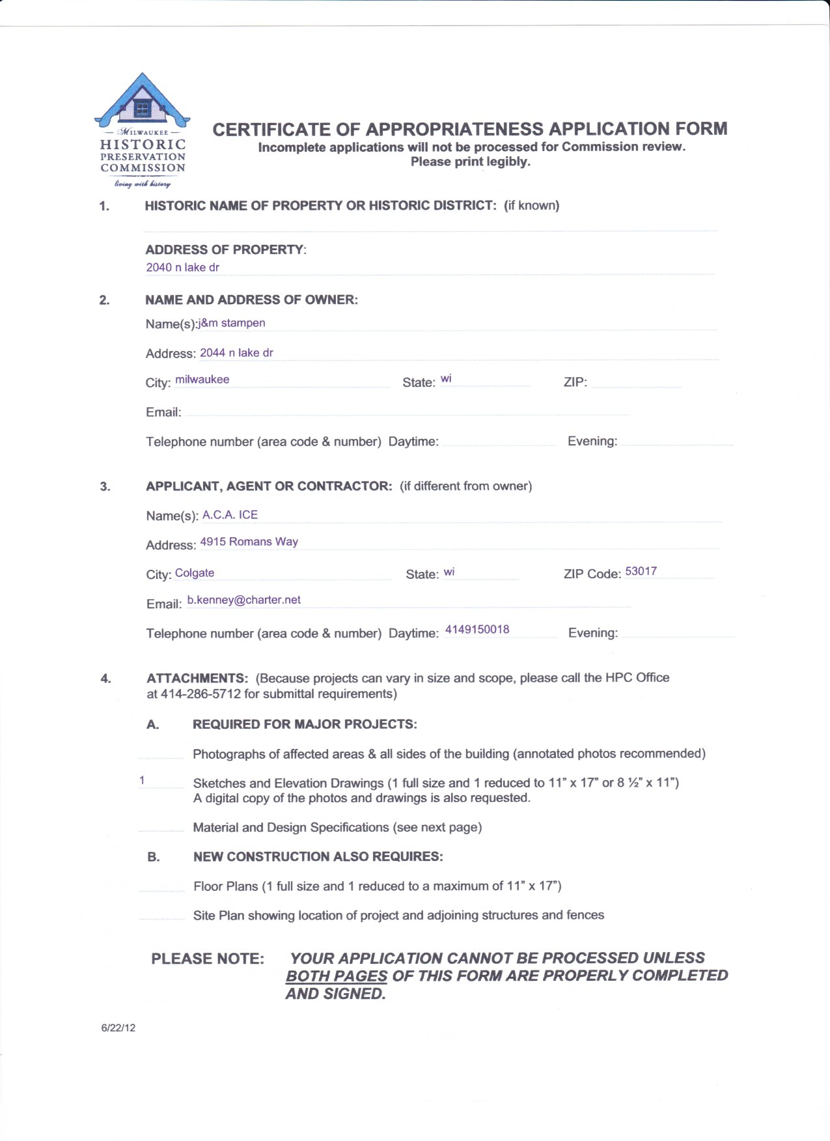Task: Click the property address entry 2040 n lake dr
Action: (x=182, y=267)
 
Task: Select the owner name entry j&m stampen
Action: (x=232, y=323)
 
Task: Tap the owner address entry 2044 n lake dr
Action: (x=236, y=353)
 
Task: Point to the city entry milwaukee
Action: (x=202, y=380)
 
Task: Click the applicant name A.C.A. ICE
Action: (x=230, y=514)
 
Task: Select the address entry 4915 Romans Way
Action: (x=249, y=542)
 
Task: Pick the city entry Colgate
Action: (x=194, y=573)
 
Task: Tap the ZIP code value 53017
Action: (x=641, y=571)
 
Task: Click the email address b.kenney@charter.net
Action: (x=243, y=600)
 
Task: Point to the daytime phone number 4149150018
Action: (x=477, y=629)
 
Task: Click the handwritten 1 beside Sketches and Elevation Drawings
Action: (x=142, y=780)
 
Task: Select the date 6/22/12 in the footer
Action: (x=118, y=1028)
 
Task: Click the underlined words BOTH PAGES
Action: (x=336, y=976)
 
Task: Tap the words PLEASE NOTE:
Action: (x=208, y=959)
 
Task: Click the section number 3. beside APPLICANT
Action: (x=105, y=486)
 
